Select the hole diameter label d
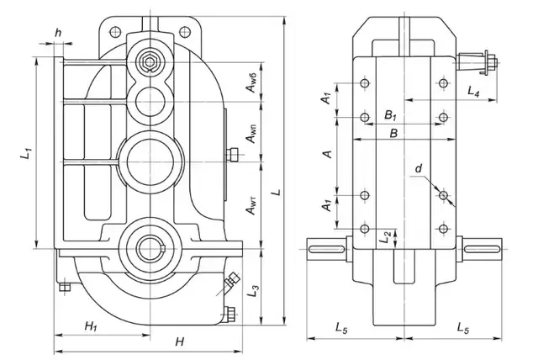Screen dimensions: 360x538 (418, 169)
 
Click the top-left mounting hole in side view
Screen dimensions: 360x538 (364, 82)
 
